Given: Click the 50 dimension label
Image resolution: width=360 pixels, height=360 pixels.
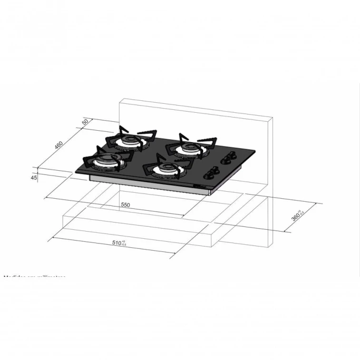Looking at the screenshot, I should [x=85, y=122].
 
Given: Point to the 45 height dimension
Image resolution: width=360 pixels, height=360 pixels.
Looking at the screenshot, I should [x=34, y=177].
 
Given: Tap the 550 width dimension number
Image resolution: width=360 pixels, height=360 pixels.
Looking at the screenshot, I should [x=125, y=204].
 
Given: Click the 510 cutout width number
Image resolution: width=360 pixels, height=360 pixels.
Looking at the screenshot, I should [x=116, y=243].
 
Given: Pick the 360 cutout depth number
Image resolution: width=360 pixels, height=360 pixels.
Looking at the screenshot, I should [x=296, y=217].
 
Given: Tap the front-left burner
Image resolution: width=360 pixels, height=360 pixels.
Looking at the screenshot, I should [x=107, y=162].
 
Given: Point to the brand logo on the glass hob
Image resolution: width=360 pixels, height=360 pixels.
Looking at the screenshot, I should [x=199, y=185].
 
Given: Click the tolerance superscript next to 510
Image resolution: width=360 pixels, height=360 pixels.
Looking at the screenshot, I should [x=124, y=243].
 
